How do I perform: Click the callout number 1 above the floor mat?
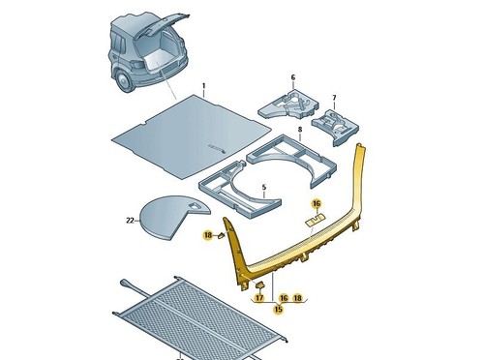coord(203,86)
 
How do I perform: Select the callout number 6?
coord(293,77)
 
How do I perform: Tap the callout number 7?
coord(334,98)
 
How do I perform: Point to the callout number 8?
coord(300,130)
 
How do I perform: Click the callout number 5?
coord(264,188)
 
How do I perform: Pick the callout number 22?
coord(130,221)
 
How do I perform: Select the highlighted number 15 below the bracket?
coord(278,309)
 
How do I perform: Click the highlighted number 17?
coord(259,298)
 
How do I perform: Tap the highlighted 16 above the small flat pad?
coord(317,203)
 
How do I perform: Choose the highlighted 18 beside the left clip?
coord(208,235)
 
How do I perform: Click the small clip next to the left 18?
coord(222,235)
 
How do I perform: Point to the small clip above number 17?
coord(259,285)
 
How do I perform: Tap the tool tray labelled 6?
coord(288,105)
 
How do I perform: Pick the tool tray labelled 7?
coord(336,127)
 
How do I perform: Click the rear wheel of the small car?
coord(123,82)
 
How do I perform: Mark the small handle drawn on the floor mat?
coord(217,147)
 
